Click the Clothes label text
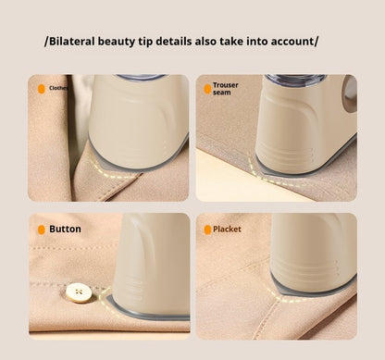coord(57,89)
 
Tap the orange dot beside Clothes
coord(41,89)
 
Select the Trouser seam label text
coord(226,89)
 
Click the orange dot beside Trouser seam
coord(207,89)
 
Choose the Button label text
coord(65,229)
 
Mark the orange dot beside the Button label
coord(41,229)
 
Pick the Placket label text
coord(227,229)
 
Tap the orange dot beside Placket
coord(207,229)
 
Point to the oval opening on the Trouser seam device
coord(350,93)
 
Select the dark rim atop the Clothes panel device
coord(141,78)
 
